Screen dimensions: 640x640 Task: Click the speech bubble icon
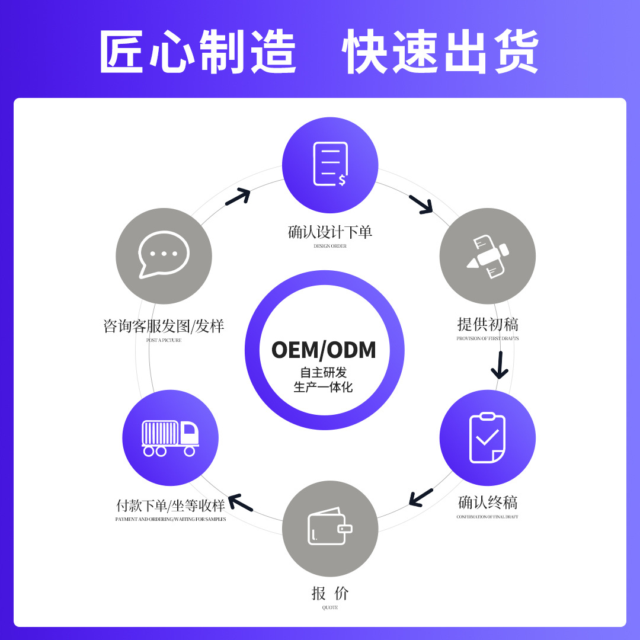[164, 255]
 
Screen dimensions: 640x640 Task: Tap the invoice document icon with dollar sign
[330, 164]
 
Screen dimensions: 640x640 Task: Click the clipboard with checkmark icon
[487, 438]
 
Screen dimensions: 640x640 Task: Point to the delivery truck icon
[170, 438]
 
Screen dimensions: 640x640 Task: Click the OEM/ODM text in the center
[324, 350]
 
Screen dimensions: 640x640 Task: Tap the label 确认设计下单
[330, 232]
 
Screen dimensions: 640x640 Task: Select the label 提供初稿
[488, 325]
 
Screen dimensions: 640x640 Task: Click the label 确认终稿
[487, 503]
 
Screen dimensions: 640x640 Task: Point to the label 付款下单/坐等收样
[171, 506]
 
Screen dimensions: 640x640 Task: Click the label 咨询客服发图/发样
[164, 327]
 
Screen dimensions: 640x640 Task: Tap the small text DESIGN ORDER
[330, 246]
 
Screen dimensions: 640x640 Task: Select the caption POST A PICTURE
[164, 340]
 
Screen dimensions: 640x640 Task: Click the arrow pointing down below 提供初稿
[500, 365]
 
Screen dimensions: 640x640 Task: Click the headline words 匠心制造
[198, 52]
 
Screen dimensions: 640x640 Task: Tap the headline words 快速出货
[440, 52]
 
